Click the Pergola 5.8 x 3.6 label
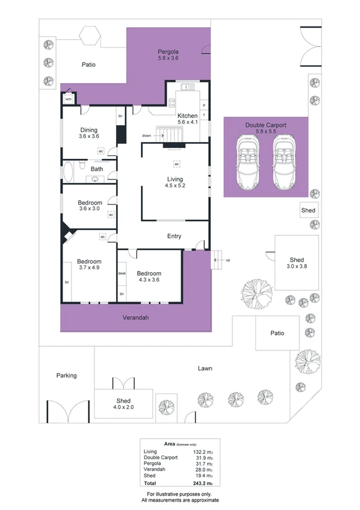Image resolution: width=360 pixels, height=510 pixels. tap(168, 55)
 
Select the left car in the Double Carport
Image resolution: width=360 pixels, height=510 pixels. tap(247, 161)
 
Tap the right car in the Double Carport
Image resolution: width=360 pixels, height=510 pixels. tap(282, 161)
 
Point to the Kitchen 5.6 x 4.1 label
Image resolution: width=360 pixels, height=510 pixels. tap(187, 119)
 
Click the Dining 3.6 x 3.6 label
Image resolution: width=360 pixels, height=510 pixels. tap(88, 133)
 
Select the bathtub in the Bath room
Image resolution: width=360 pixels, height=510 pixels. tap(69, 172)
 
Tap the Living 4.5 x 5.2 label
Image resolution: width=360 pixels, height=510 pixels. tap(175, 182)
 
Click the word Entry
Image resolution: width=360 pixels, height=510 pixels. tap(174, 237)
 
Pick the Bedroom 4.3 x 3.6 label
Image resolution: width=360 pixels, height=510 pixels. tap(149, 276)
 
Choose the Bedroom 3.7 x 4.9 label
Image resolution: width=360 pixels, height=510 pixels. tap(88, 264)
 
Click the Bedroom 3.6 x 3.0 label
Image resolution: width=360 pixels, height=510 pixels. tap(90, 206)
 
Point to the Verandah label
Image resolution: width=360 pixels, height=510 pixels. tap(135, 317)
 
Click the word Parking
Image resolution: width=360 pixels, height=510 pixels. tap(67, 376)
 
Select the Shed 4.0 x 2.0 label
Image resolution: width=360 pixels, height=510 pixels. tap(124, 404)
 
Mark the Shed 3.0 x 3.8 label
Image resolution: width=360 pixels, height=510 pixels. tap(296, 263)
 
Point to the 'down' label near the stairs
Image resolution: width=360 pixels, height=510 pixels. tap(146, 135)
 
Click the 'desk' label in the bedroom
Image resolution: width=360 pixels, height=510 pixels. tap(122, 273)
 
